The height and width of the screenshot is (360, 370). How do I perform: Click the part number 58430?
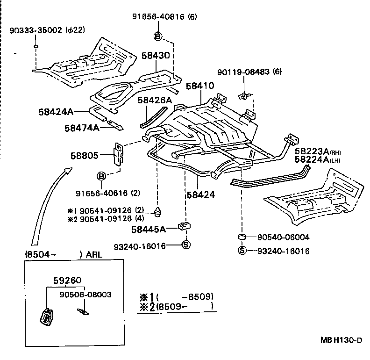pyautogui.click(x=156, y=56)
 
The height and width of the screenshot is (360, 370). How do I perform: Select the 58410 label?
pyautogui.click(x=200, y=86)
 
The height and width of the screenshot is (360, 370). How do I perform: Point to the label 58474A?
pyautogui.click(x=81, y=127)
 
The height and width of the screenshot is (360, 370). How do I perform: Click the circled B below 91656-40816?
pyautogui.click(x=157, y=36)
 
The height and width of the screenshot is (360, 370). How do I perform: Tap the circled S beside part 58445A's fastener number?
pyautogui.click(x=185, y=245)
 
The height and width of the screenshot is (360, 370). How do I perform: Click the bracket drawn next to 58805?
pyautogui.click(x=119, y=154)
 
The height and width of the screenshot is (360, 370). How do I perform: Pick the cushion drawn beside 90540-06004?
pyautogui.click(x=243, y=237)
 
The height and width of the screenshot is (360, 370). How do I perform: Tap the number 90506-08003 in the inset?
pyautogui.click(x=85, y=295)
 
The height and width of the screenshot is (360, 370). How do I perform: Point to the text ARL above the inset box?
pyautogui.click(x=96, y=255)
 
